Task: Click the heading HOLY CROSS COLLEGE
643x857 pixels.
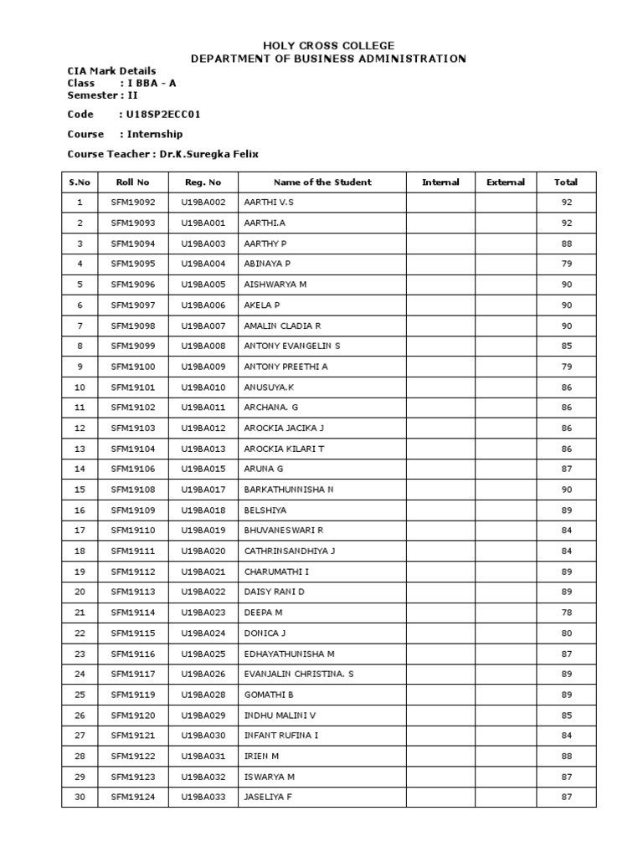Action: click(x=328, y=45)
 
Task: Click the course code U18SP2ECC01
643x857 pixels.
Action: click(x=164, y=114)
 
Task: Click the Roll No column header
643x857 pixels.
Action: click(x=132, y=182)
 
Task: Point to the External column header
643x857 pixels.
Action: click(x=506, y=182)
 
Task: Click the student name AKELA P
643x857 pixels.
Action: click(x=262, y=305)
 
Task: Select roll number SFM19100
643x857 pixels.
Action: click(x=132, y=367)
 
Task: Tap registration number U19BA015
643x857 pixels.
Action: click(x=203, y=469)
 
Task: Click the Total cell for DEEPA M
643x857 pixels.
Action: click(x=567, y=613)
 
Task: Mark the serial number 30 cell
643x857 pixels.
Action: click(x=80, y=797)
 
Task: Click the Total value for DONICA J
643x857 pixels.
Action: click(x=567, y=633)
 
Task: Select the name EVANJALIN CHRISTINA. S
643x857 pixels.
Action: click(x=299, y=674)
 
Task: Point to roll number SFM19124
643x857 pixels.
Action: click(x=132, y=797)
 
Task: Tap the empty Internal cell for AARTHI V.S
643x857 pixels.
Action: click(x=440, y=203)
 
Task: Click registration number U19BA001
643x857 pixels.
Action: click(x=203, y=223)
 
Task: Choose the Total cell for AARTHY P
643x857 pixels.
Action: click(x=567, y=244)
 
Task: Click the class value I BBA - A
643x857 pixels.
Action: click(x=152, y=84)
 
